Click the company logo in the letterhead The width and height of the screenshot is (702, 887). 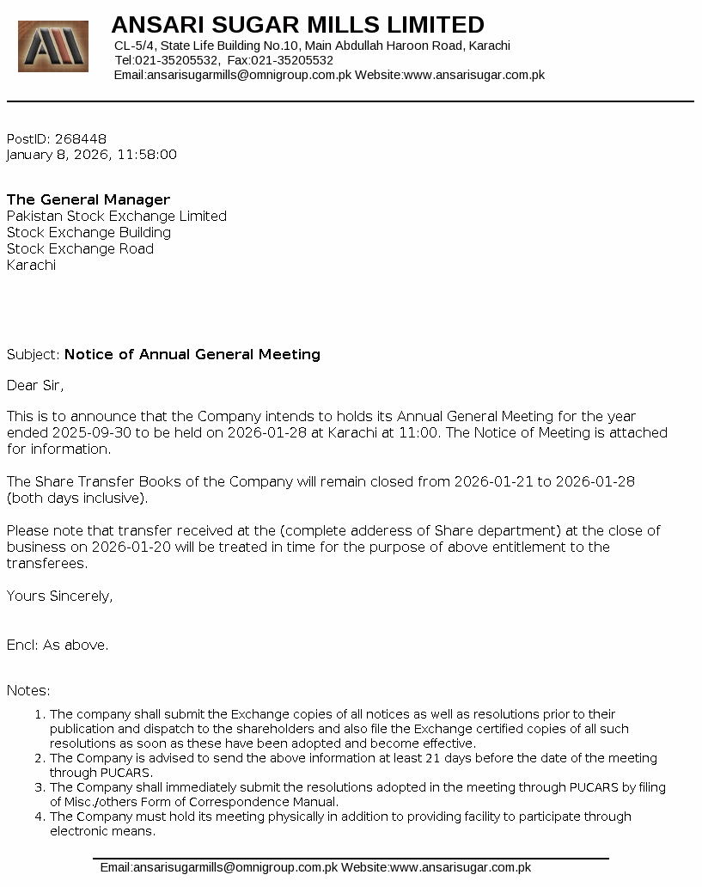point(53,46)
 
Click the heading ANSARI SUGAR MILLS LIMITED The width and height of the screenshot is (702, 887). point(297,24)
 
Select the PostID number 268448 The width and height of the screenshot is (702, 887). point(81,138)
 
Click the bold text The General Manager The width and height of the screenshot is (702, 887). point(89,199)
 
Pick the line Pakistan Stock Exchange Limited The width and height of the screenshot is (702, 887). point(117,216)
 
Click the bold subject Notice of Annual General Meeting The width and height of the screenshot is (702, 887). point(192,354)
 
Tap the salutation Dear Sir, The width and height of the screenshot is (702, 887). point(35,385)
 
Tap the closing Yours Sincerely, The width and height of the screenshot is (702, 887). point(59,596)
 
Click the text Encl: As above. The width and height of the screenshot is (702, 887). point(58,645)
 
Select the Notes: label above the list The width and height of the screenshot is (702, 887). point(28,690)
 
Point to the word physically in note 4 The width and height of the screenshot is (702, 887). point(310,817)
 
